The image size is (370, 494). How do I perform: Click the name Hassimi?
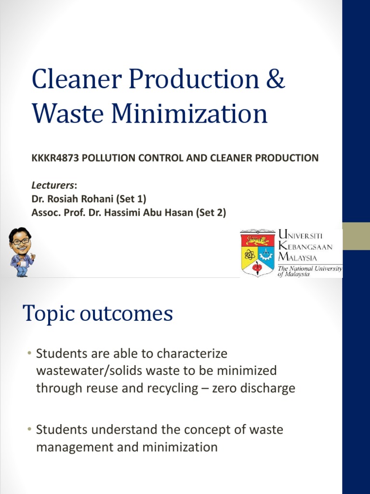[x=126, y=212]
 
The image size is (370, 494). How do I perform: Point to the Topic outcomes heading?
[x=97, y=314]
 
